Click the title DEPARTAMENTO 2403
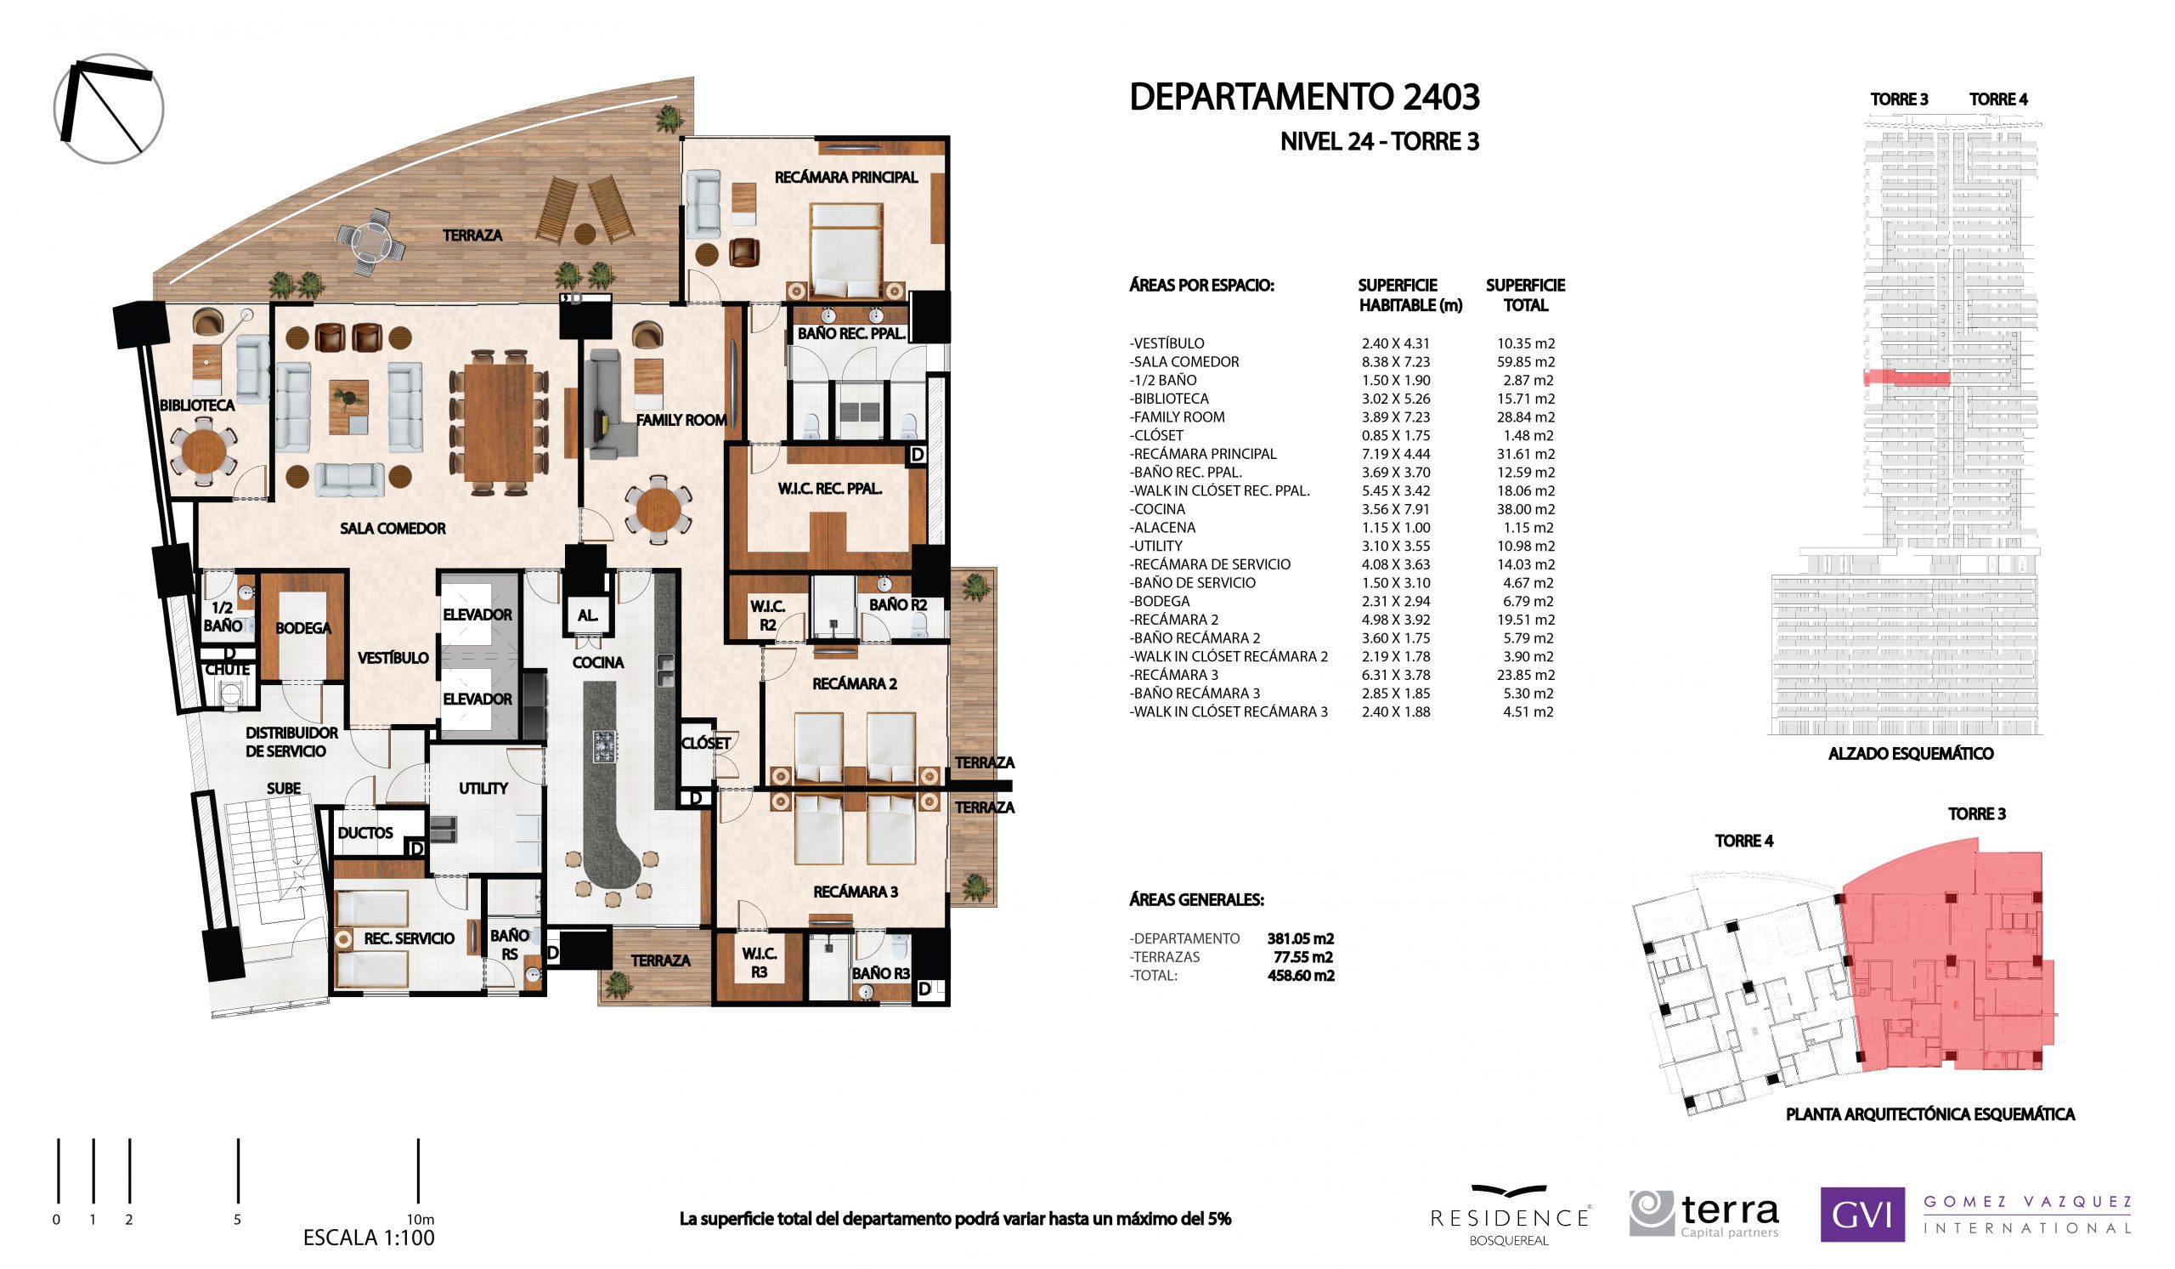tap(1303, 98)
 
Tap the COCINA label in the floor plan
tap(597, 662)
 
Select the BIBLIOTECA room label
tap(197, 405)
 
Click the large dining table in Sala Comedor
tap(499, 422)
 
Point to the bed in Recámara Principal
tap(845, 250)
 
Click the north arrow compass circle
tap(109, 109)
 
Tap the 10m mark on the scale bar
tap(419, 1170)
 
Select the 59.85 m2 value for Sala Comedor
tap(1525, 362)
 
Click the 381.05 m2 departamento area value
tap(1300, 938)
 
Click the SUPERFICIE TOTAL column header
tap(1525, 294)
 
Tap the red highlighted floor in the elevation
tap(1906, 377)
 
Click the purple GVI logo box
tap(1861, 1215)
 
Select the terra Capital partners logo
tap(1704, 1214)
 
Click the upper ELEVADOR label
tap(477, 615)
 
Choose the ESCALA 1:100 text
tap(369, 1238)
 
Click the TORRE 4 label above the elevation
tap(1997, 99)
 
